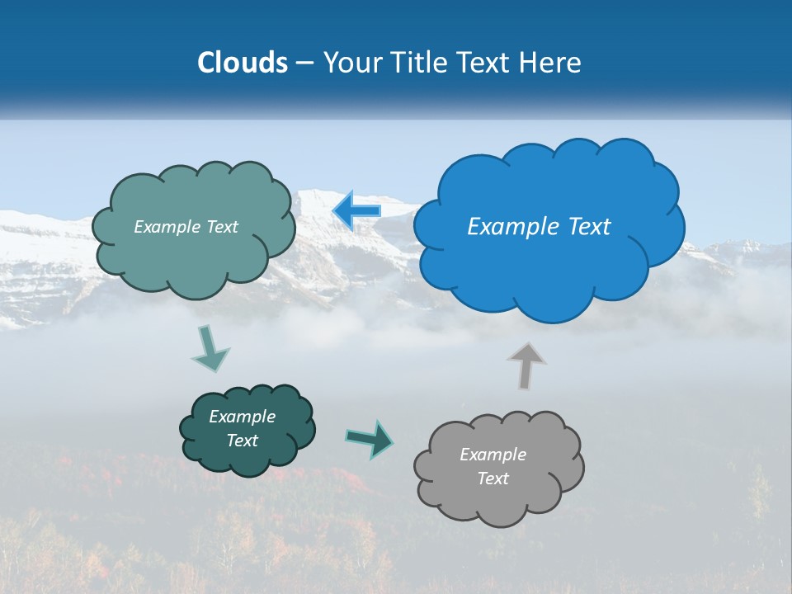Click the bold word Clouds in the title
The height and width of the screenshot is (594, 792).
243,63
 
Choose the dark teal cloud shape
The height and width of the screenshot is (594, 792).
247,458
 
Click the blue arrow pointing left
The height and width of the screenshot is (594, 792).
356,210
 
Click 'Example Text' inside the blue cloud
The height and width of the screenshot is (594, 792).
539,227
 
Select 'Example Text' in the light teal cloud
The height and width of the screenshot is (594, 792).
186,227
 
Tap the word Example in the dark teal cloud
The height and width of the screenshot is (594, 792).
242,417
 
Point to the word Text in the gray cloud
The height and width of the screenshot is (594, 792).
493,478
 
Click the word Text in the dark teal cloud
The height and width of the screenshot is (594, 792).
242,441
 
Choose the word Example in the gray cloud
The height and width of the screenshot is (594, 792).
493,455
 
